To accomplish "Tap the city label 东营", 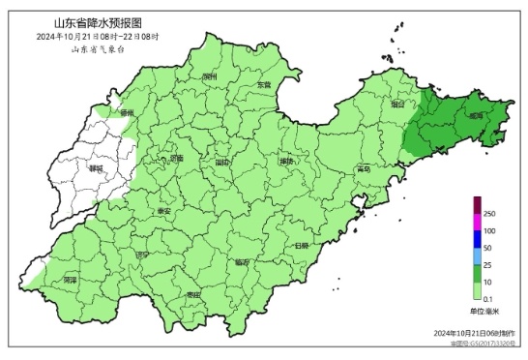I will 264,85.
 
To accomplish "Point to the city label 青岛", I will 363,167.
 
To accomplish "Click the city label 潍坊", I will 286,162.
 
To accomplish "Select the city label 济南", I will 175,157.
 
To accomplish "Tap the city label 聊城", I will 95,167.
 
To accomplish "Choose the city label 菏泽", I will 69,280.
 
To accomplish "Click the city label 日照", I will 301,245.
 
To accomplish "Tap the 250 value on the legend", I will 489,213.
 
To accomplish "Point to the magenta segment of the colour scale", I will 477,223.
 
